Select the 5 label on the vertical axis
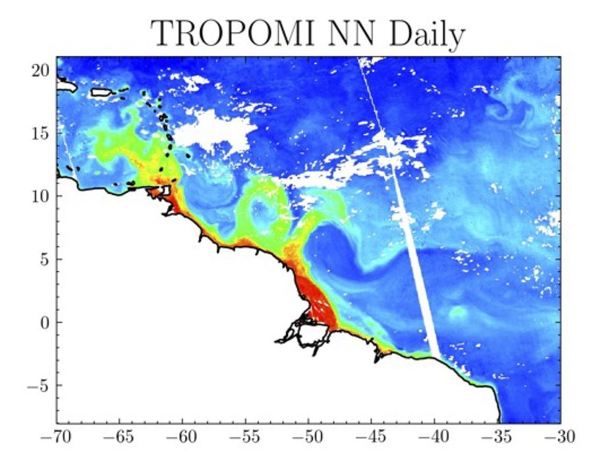tap(45, 259)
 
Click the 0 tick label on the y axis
tap(45, 322)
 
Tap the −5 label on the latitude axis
tap(39, 385)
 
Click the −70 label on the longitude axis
tap(56, 438)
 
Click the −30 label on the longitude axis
tap(561, 438)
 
